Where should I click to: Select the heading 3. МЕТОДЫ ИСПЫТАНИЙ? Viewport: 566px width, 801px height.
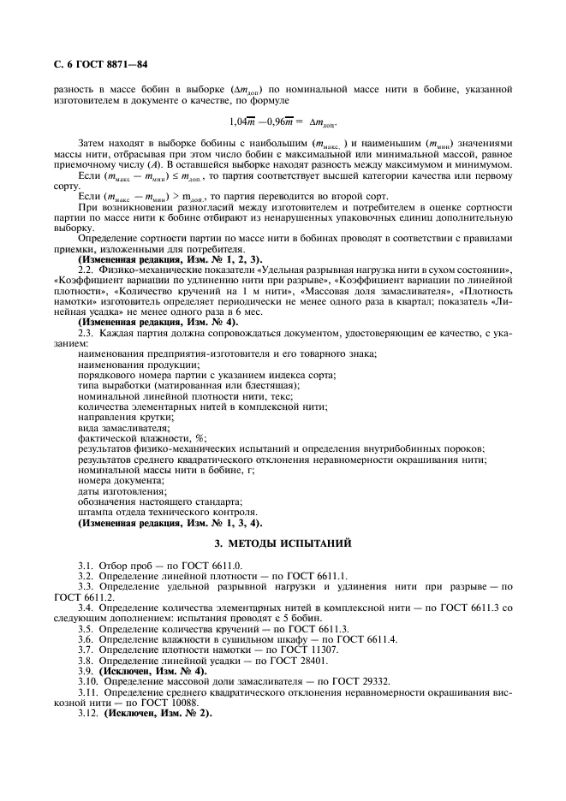click(x=283, y=542)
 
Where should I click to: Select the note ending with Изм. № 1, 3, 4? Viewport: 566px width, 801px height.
click(x=170, y=521)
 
